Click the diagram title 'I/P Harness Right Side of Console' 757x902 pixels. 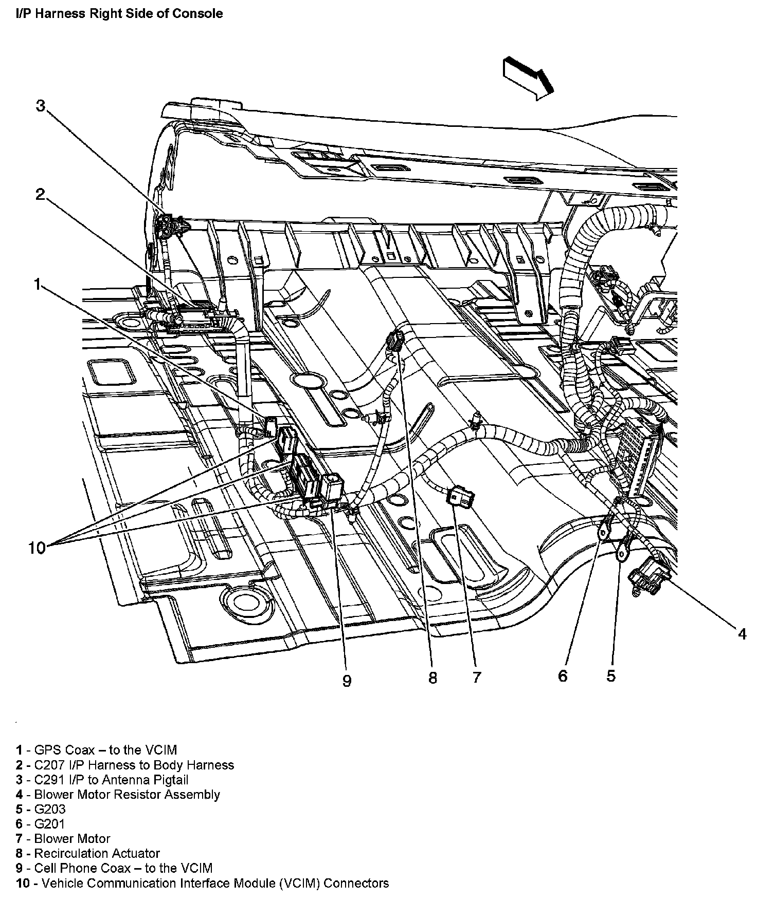(119, 14)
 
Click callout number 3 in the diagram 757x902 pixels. (41, 106)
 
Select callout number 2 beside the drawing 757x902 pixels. (41, 194)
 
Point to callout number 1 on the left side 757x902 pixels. (37, 284)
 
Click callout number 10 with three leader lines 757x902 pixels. (37, 548)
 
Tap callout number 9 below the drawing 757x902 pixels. (347, 681)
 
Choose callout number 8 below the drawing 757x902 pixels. (433, 678)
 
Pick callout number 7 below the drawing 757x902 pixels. (477, 678)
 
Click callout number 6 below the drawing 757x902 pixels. (563, 675)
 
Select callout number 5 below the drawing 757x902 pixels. (610, 675)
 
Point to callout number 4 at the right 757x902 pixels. (742, 634)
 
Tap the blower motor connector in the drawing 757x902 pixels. (461, 497)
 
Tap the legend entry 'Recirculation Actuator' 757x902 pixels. (97, 853)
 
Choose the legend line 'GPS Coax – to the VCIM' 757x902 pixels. (105, 750)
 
